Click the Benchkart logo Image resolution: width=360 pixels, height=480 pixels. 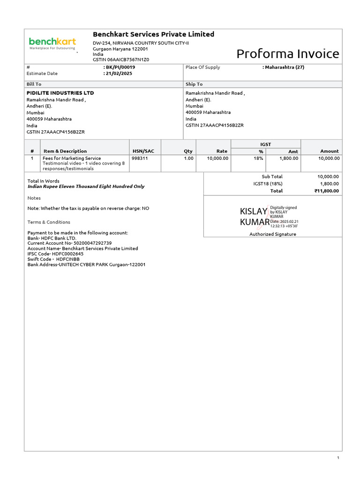tap(52, 43)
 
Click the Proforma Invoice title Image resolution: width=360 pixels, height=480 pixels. tap(287, 54)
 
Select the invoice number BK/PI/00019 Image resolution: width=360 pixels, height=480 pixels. tap(120, 67)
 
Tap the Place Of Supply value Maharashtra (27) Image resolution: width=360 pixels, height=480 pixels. tap(284, 67)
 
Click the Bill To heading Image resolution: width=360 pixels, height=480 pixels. tap(34, 84)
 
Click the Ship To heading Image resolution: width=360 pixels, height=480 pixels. tap(194, 84)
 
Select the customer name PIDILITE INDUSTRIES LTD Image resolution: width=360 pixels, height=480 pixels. tap(60, 93)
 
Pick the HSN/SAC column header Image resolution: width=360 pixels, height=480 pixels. tap(143, 151)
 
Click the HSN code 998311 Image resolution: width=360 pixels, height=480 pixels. tap(140, 158)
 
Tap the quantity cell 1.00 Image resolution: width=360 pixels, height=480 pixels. tap(188, 158)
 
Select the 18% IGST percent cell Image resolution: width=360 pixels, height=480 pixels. tap(258, 158)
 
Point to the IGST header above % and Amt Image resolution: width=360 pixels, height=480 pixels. tap(266, 144)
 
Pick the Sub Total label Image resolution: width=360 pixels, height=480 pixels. tap(272, 176)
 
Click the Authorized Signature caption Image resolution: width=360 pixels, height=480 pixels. tap(272, 234)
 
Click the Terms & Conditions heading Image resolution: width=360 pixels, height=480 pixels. tap(49, 222)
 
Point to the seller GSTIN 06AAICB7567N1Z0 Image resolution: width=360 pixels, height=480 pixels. tap(121, 60)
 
